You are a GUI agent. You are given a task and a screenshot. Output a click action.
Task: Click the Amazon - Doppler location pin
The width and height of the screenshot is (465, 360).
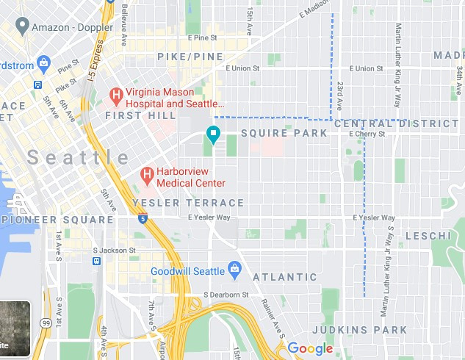(x=22, y=26)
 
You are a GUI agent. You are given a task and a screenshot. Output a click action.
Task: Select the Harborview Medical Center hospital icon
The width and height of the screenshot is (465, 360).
(x=146, y=175)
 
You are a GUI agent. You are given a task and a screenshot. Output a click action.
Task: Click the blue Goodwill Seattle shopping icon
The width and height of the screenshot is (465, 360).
(x=235, y=270)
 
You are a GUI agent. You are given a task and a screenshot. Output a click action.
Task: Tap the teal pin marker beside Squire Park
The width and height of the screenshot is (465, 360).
(x=213, y=134)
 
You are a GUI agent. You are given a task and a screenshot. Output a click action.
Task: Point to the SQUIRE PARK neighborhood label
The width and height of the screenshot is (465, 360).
(x=284, y=133)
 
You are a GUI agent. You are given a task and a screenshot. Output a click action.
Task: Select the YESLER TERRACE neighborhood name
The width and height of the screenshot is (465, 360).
(x=188, y=203)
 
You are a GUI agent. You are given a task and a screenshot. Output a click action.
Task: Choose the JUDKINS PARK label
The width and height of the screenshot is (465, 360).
(x=358, y=330)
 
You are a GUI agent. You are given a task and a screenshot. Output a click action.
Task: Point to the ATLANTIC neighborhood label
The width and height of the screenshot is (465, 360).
(x=284, y=277)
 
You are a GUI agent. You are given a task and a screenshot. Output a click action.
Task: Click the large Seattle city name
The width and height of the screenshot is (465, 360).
(x=79, y=157)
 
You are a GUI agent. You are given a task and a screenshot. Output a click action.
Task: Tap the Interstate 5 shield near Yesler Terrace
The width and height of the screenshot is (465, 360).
(x=143, y=218)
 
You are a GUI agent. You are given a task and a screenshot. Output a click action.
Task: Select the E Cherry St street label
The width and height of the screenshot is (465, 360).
(x=367, y=134)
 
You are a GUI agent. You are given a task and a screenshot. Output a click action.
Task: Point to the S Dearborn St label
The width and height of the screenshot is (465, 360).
(x=226, y=295)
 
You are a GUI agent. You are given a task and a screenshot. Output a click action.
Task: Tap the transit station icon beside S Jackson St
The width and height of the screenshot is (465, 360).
(x=96, y=261)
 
